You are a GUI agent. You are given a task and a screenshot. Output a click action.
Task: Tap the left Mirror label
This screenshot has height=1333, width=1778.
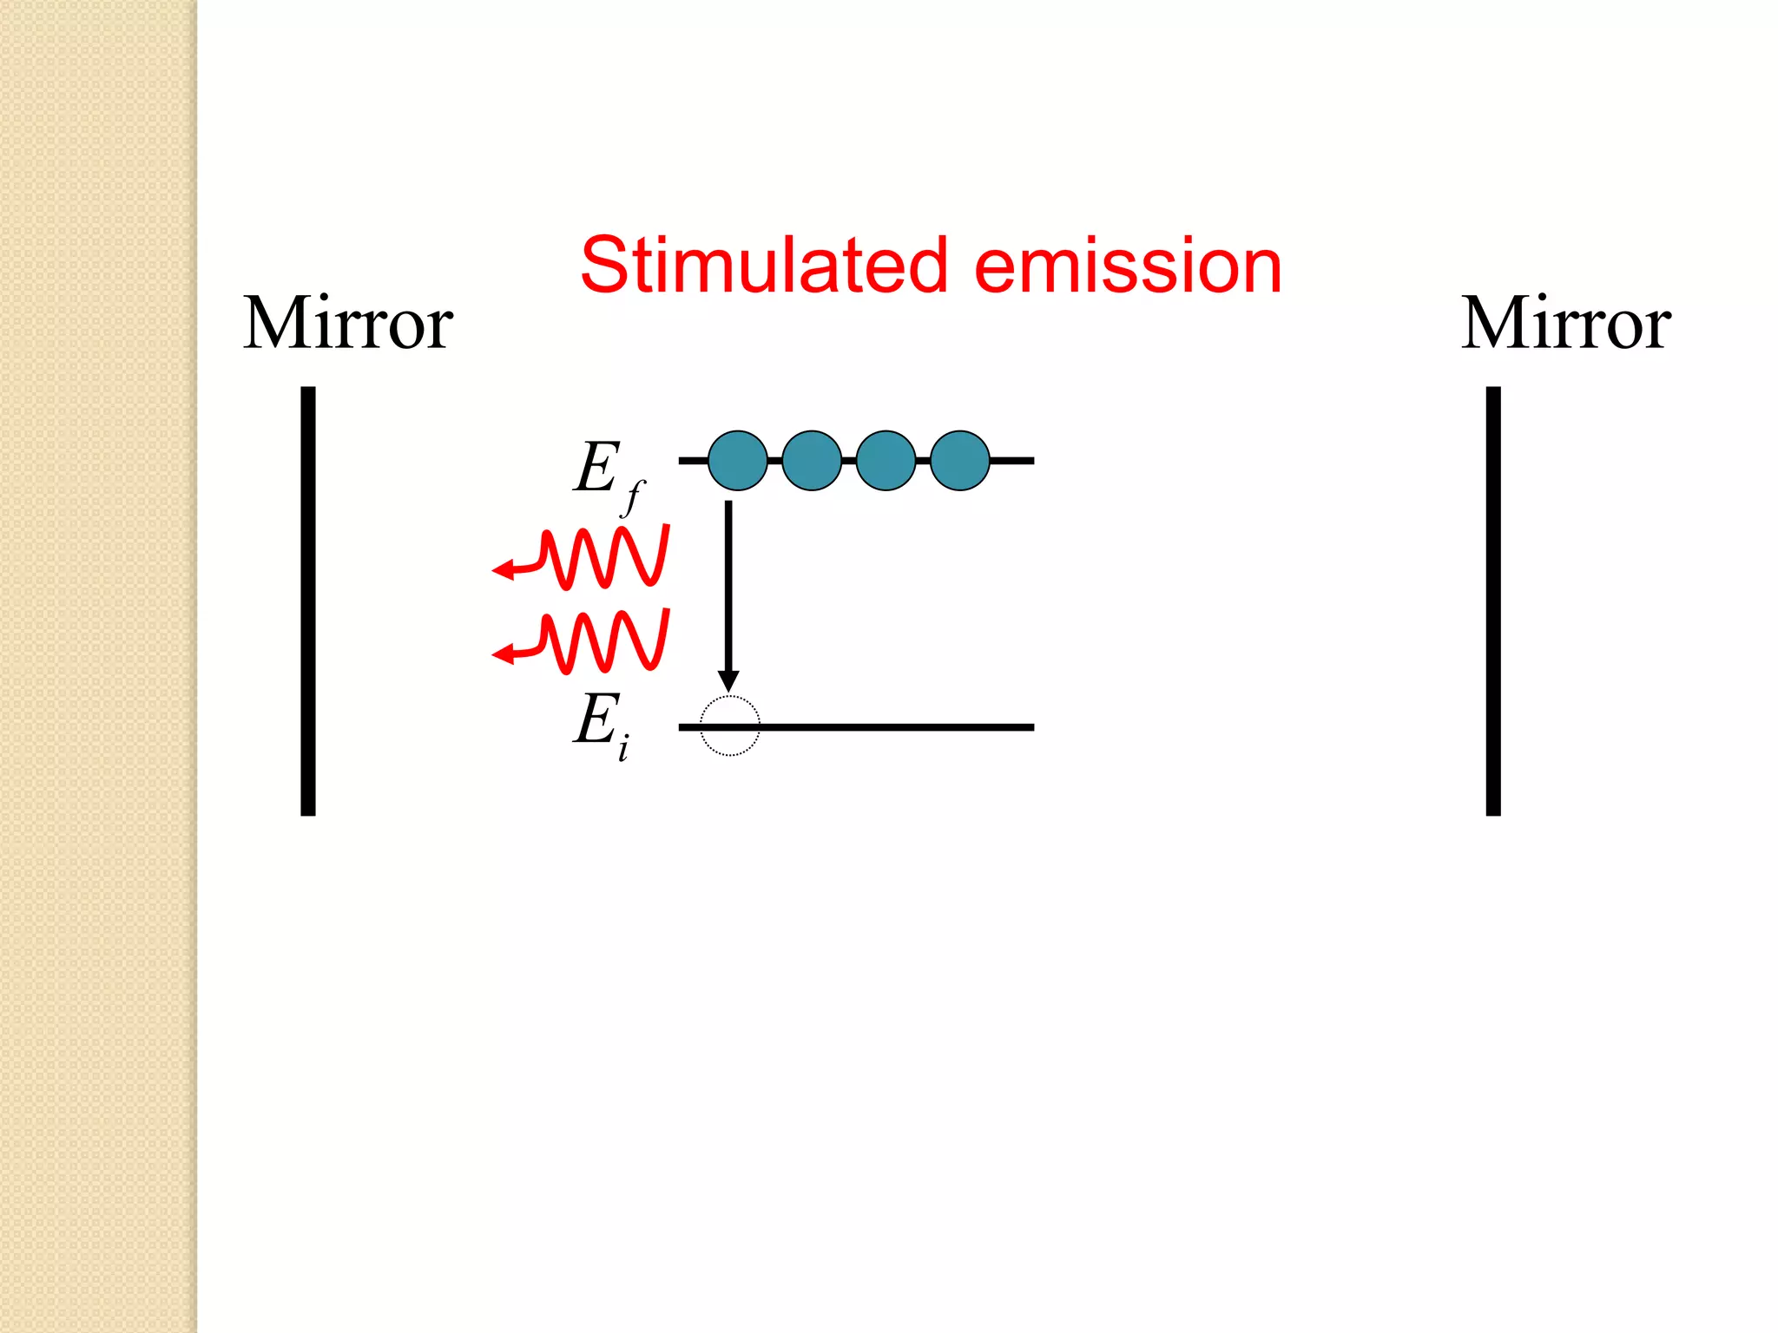[x=347, y=323]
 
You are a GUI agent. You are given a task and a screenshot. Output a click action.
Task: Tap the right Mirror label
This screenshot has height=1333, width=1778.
[x=1565, y=323]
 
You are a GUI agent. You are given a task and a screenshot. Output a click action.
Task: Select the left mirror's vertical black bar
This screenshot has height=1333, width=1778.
[x=308, y=601]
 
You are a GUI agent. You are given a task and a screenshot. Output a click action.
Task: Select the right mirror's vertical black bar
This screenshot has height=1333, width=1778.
[x=1493, y=601]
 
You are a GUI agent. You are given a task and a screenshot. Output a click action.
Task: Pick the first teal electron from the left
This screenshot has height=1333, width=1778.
[x=738, y=461]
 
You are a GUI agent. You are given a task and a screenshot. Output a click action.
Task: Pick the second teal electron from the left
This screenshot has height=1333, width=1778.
[x=812, y=461]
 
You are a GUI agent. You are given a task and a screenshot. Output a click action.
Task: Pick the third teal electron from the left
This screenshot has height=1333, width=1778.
[x=886, y=461]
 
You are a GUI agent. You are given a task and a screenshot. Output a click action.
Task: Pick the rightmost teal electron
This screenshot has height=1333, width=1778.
[x=960, y=461]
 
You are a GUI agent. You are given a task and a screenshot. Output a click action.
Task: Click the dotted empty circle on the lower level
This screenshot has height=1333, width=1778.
[x=730, y=726]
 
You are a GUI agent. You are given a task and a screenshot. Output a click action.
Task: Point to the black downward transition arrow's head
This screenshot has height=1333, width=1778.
[x=729, y=680]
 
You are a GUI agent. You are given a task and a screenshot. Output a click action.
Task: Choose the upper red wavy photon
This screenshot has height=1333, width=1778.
[x=599, y=557]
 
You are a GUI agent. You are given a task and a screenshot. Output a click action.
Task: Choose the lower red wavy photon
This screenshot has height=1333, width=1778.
[x=599, y=642]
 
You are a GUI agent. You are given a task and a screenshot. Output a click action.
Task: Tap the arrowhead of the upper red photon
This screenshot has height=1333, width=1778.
[x=503, y=570]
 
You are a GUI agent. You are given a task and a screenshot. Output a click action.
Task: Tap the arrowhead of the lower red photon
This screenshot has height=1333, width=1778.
[x=503, y=654]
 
